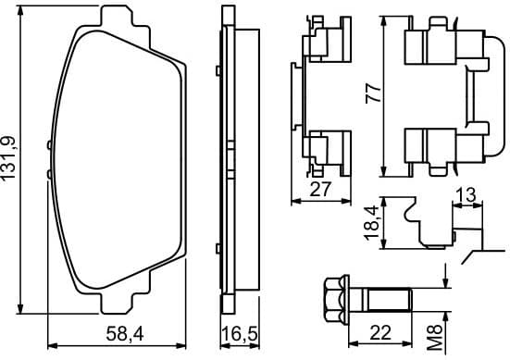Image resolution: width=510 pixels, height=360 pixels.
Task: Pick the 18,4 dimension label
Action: pos(372,223)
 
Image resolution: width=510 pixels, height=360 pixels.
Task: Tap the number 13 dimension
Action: pos(465,195)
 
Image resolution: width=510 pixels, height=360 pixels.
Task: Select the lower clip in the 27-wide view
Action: pos(323,148)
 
